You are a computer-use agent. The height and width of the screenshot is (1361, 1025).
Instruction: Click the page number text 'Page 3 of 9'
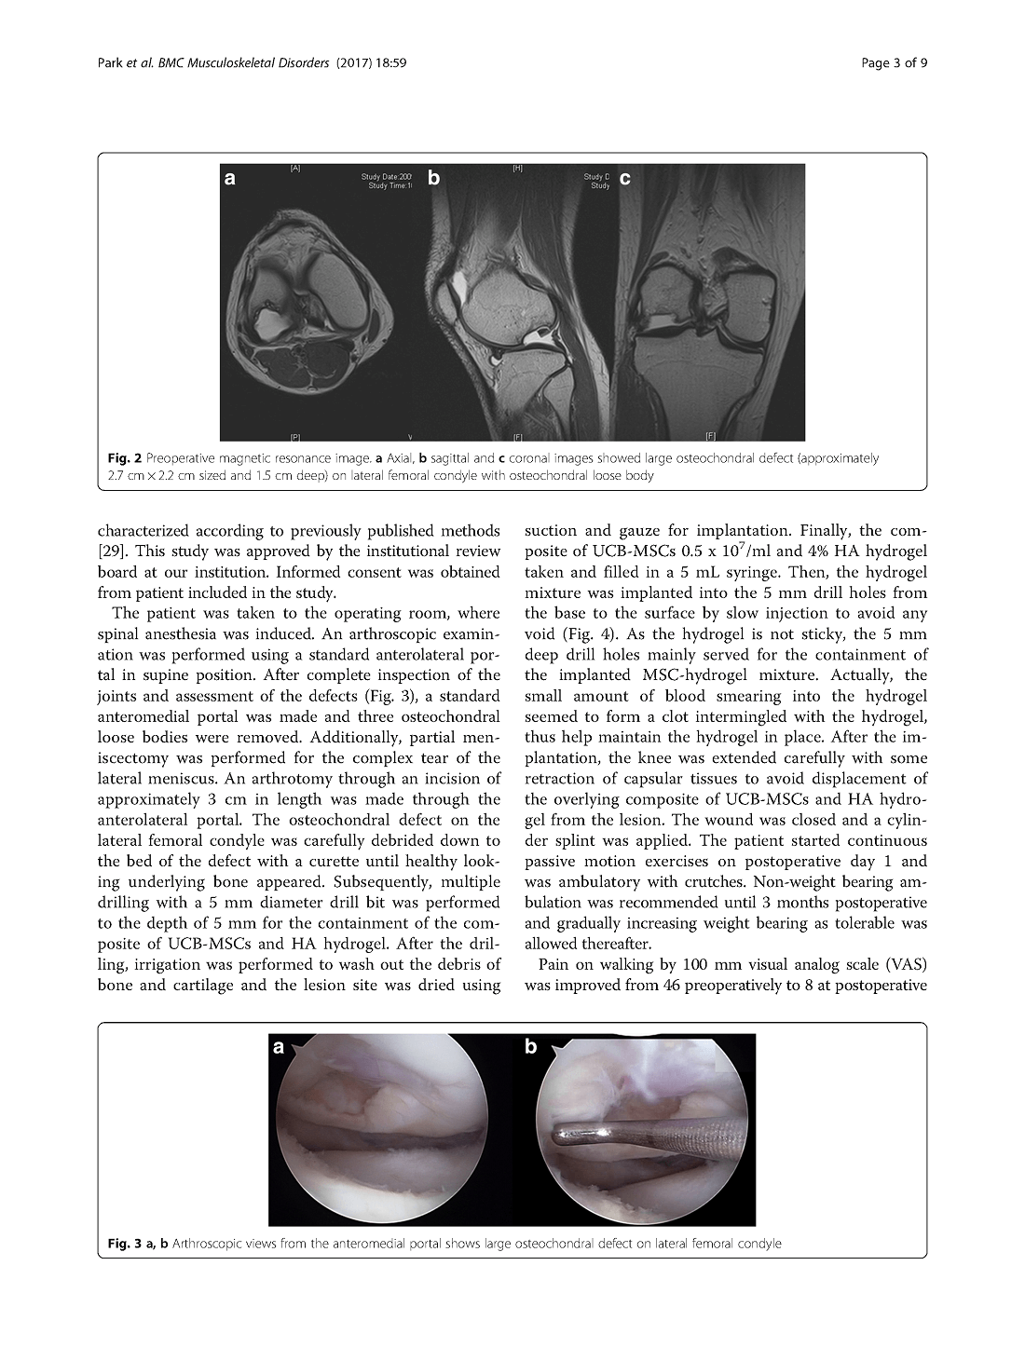point(895,63)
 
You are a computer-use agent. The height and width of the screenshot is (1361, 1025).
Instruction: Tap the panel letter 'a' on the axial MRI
point(230,179)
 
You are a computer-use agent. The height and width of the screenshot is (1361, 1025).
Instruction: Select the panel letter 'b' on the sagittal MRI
point(434,177)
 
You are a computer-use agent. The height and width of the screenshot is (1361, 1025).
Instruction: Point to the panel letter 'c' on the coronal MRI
point(624,178)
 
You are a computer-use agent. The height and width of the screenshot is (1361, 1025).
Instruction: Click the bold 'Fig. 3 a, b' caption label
point(138,1243)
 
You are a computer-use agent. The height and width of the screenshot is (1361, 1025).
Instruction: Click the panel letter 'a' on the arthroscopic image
point(279,1048)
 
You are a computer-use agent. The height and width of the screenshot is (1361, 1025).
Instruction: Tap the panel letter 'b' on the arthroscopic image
point(531,1047)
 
